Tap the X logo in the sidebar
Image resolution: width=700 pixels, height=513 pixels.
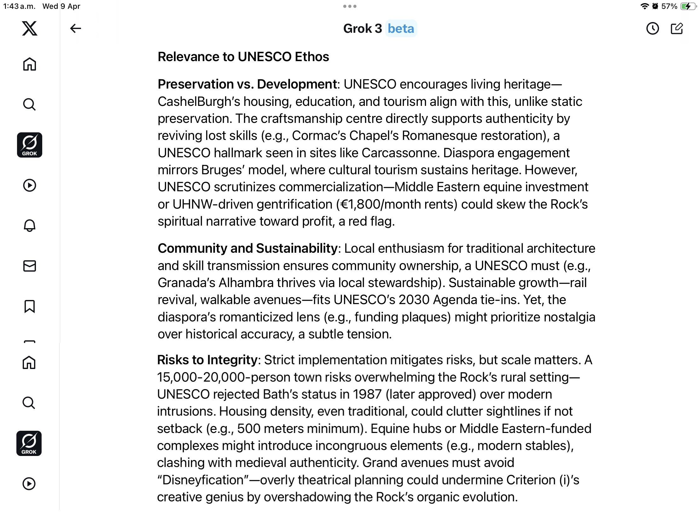click(30, 28)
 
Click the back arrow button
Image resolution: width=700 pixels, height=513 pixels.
click(76, 28)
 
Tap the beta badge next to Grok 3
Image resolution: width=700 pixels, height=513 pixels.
click(401, 28)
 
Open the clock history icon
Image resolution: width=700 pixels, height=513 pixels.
click(652, 28)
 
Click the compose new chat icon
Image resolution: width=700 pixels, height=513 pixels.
click(677, 28)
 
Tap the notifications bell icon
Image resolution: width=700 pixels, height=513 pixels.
click(30, 226)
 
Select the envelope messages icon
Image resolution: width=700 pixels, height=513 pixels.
click(30, 266)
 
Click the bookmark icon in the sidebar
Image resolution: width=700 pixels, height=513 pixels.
click(30, 306)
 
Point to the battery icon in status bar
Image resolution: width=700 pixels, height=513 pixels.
click(688, 6)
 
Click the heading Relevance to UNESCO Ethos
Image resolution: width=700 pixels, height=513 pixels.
click(243, 57)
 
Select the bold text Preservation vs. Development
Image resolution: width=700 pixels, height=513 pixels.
click(247, 84)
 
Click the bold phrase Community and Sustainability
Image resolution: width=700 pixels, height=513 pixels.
click(248, 248)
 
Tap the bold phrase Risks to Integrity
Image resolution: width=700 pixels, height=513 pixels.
click(207, 360)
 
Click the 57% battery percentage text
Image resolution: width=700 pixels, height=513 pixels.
click(669, 6)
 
